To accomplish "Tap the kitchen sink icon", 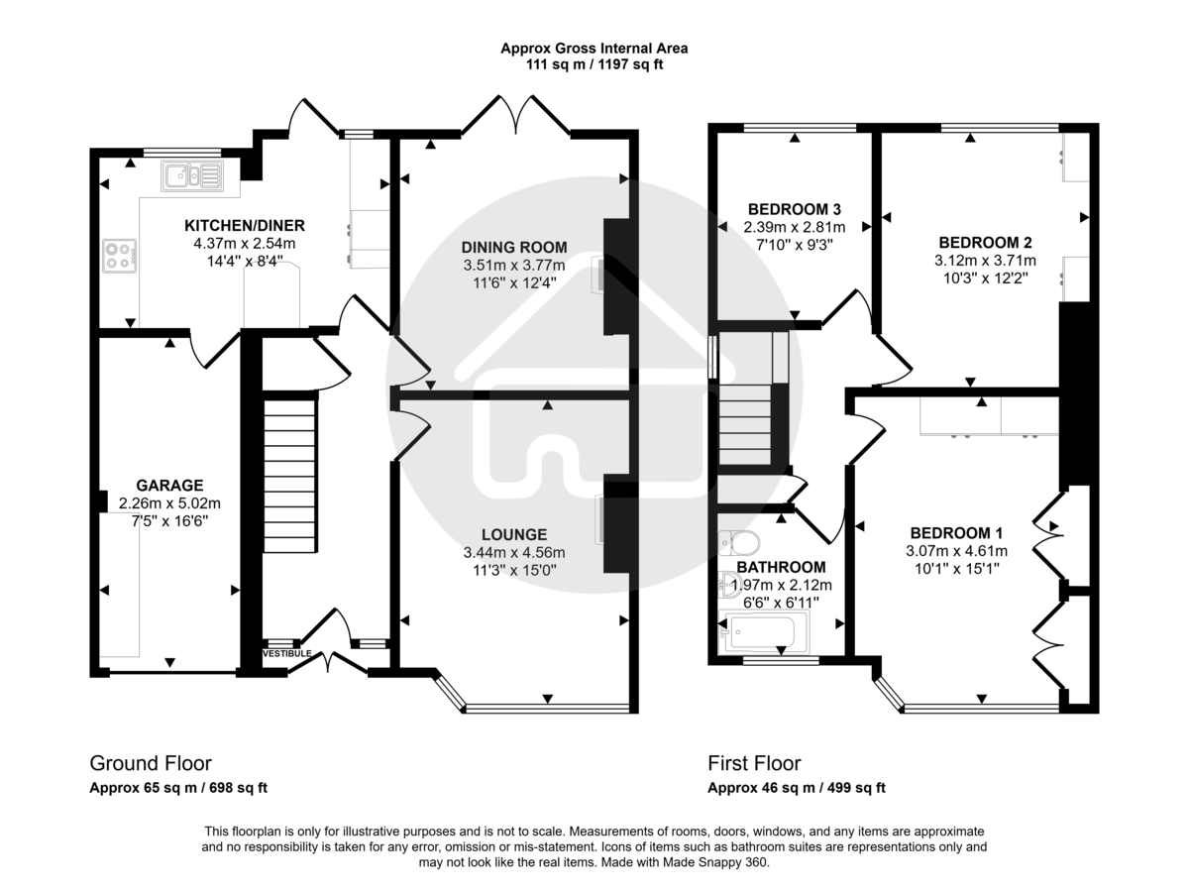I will pyautogui.click(x=195, y=175).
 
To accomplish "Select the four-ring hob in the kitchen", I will pyautogui.click(x=118, y=257).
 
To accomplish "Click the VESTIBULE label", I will pyautogui.click(x=287, y=654).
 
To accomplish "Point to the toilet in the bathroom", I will pyautogui.click(x=738, y=542).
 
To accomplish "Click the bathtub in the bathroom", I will pyautogui.click(x=766, y=631).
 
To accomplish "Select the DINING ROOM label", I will pyautogui.click(x=514, y=247).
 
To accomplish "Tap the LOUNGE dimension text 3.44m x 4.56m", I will pyautogui.click(x=514, y=552).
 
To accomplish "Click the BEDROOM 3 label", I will pyautogui.click(x=794, y=209).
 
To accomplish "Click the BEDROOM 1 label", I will pyautogui.click(x=956, y=531).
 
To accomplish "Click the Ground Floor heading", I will pyautogui.click(x=151, y=763).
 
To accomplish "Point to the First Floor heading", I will pyautogui.click(x=754, y=763).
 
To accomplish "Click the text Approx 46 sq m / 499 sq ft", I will pyautogui.click(x=796, y=789).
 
